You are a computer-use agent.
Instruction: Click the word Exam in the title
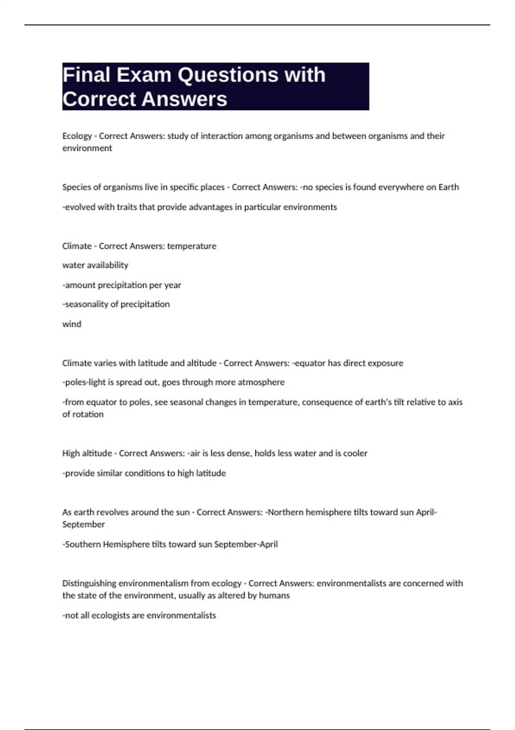point(144,75)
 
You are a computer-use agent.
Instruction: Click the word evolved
point(80,207)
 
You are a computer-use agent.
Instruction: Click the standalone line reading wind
point(72,324)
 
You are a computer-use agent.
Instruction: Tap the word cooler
point(355,453)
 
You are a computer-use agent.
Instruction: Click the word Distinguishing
point(89,584)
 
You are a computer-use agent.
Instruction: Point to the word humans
point(276,596)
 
